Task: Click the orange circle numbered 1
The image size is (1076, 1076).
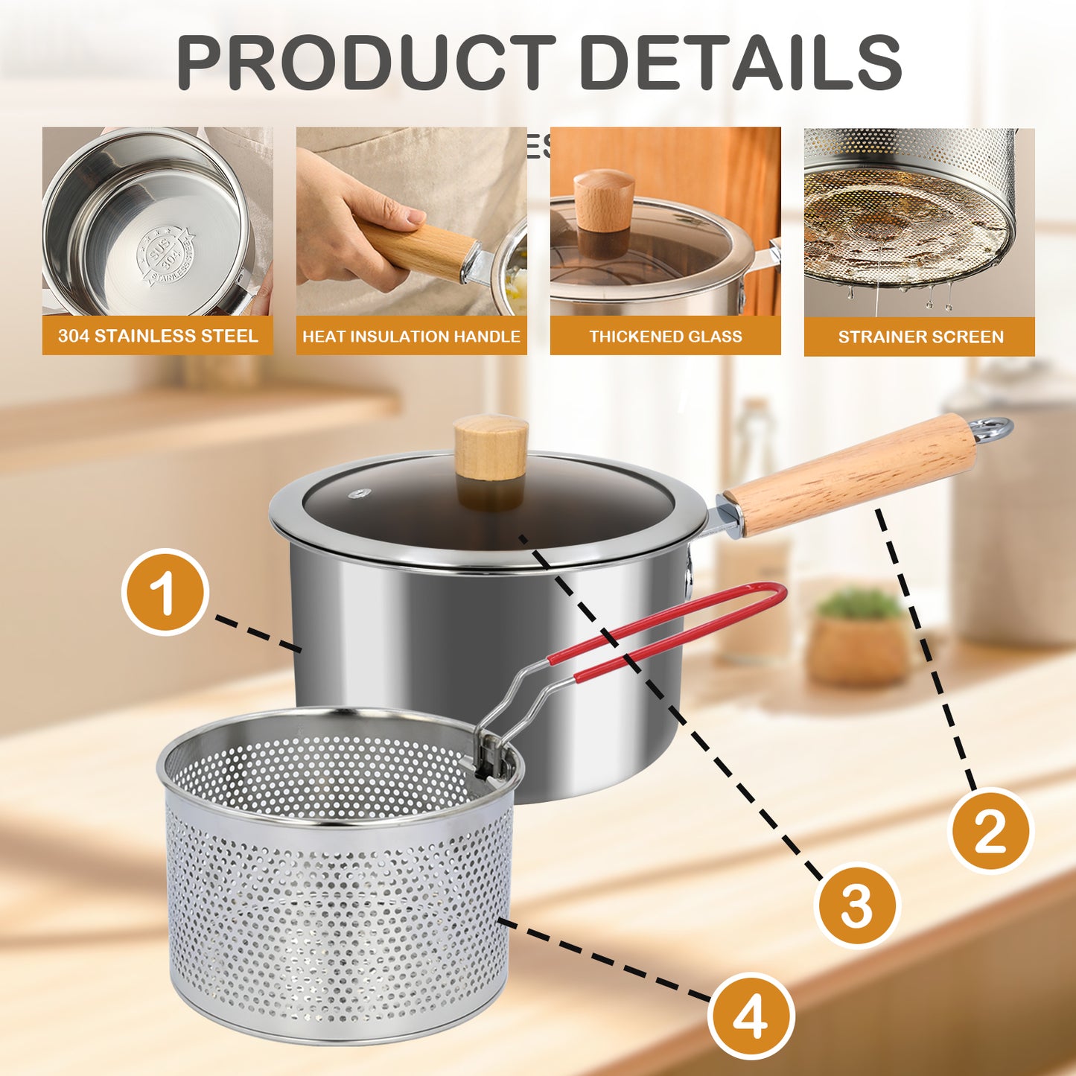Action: [x=165, y=592]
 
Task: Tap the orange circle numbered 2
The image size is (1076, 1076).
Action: [x=990, y=830]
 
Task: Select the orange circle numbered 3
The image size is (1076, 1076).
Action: [x=856, y=904]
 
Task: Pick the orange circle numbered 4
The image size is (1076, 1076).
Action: [x=750, y=1016]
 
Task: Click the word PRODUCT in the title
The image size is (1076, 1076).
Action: [x=365, y=63]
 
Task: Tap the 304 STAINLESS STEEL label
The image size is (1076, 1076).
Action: [x=158, y=336]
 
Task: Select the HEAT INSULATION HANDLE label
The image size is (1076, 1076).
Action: [x=411, y=337]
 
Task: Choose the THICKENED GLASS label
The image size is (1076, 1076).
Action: [x=665, y=337]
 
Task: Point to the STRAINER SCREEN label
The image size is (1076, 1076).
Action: [x=920, y=337]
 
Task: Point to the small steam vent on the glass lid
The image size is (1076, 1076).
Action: [x=362, y=492]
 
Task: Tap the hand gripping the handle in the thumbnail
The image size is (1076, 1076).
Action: [x=350, y=216]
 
